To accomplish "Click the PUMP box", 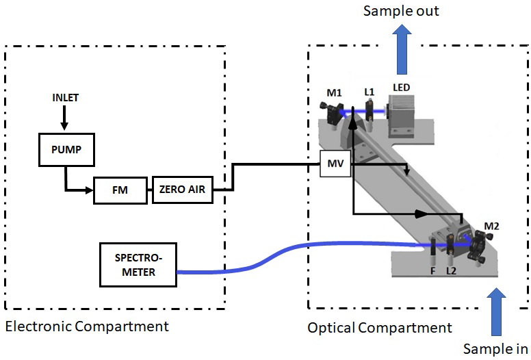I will [x=65, y=149].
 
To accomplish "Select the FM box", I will [x=120, y=189].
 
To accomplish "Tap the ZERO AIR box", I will [x=181, y=189].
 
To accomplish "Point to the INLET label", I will [x=66, y=98].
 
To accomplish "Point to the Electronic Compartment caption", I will [x=86, y=326].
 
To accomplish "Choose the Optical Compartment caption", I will [x=380, y=328].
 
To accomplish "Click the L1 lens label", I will [x=370, y=91].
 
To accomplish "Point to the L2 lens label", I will [x=452, y=272].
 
